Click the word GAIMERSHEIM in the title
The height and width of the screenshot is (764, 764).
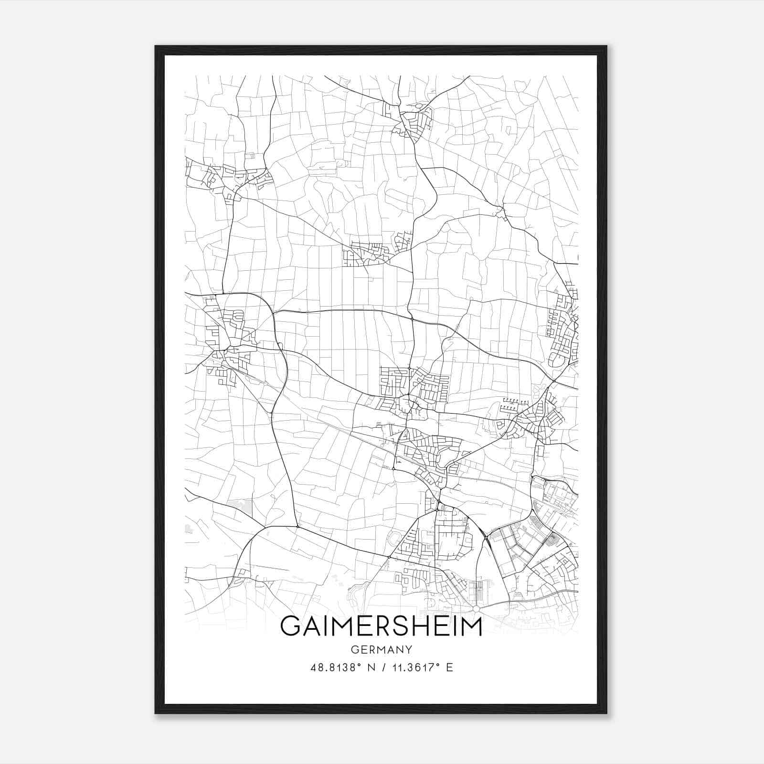[x=381, y=626]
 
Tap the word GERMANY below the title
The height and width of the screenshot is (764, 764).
[x=381, y=649]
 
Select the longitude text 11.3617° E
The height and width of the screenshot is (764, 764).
[x=422, y=668]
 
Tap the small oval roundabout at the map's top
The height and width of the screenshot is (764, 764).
[x=419, y=106]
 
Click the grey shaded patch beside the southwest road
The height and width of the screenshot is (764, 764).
[x=240, y=507]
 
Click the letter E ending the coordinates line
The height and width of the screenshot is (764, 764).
[x=449, y=668]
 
